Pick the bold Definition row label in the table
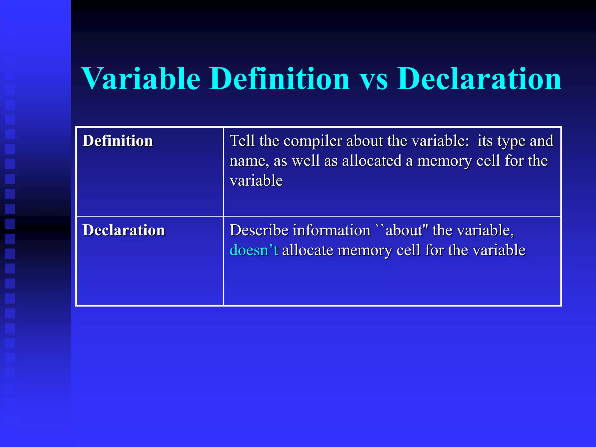118,141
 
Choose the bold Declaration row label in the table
124,230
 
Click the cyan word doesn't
254,250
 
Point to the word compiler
313,141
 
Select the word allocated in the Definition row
372,161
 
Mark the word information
331,230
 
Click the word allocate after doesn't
307,250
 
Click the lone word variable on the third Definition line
256,180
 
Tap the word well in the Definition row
306,161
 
